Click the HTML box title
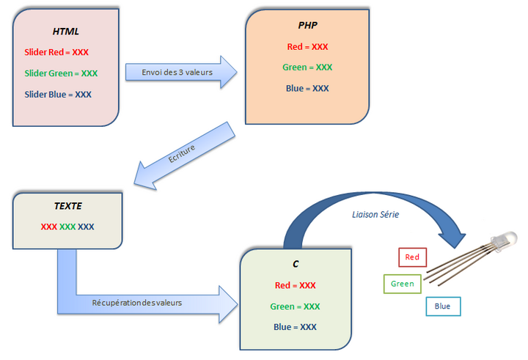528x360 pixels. point(65,32)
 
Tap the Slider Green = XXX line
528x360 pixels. point(61,73)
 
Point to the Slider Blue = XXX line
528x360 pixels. point(58,95)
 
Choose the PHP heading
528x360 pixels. point(307,26)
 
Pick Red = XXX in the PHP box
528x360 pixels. point(307,46)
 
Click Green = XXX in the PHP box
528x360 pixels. point(307,67)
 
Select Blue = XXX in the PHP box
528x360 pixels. point(307,89)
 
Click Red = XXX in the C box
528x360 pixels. point(295,285)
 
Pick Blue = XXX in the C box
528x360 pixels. point(295,327)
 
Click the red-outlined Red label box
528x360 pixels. point(412,257)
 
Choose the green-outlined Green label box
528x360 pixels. point(402,284)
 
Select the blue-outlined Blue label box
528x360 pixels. point(443,306)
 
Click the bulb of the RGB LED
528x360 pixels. point(505,239)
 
